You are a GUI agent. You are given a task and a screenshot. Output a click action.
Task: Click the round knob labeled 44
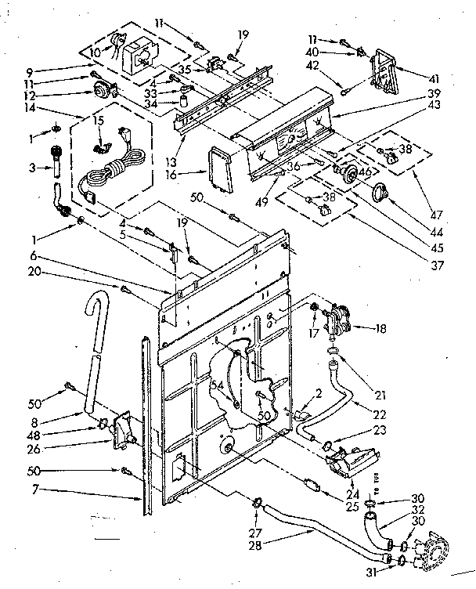[381, 192]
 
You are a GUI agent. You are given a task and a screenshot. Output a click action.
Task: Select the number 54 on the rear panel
[217, 385]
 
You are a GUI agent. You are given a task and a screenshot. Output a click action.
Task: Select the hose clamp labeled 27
[256, 503]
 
